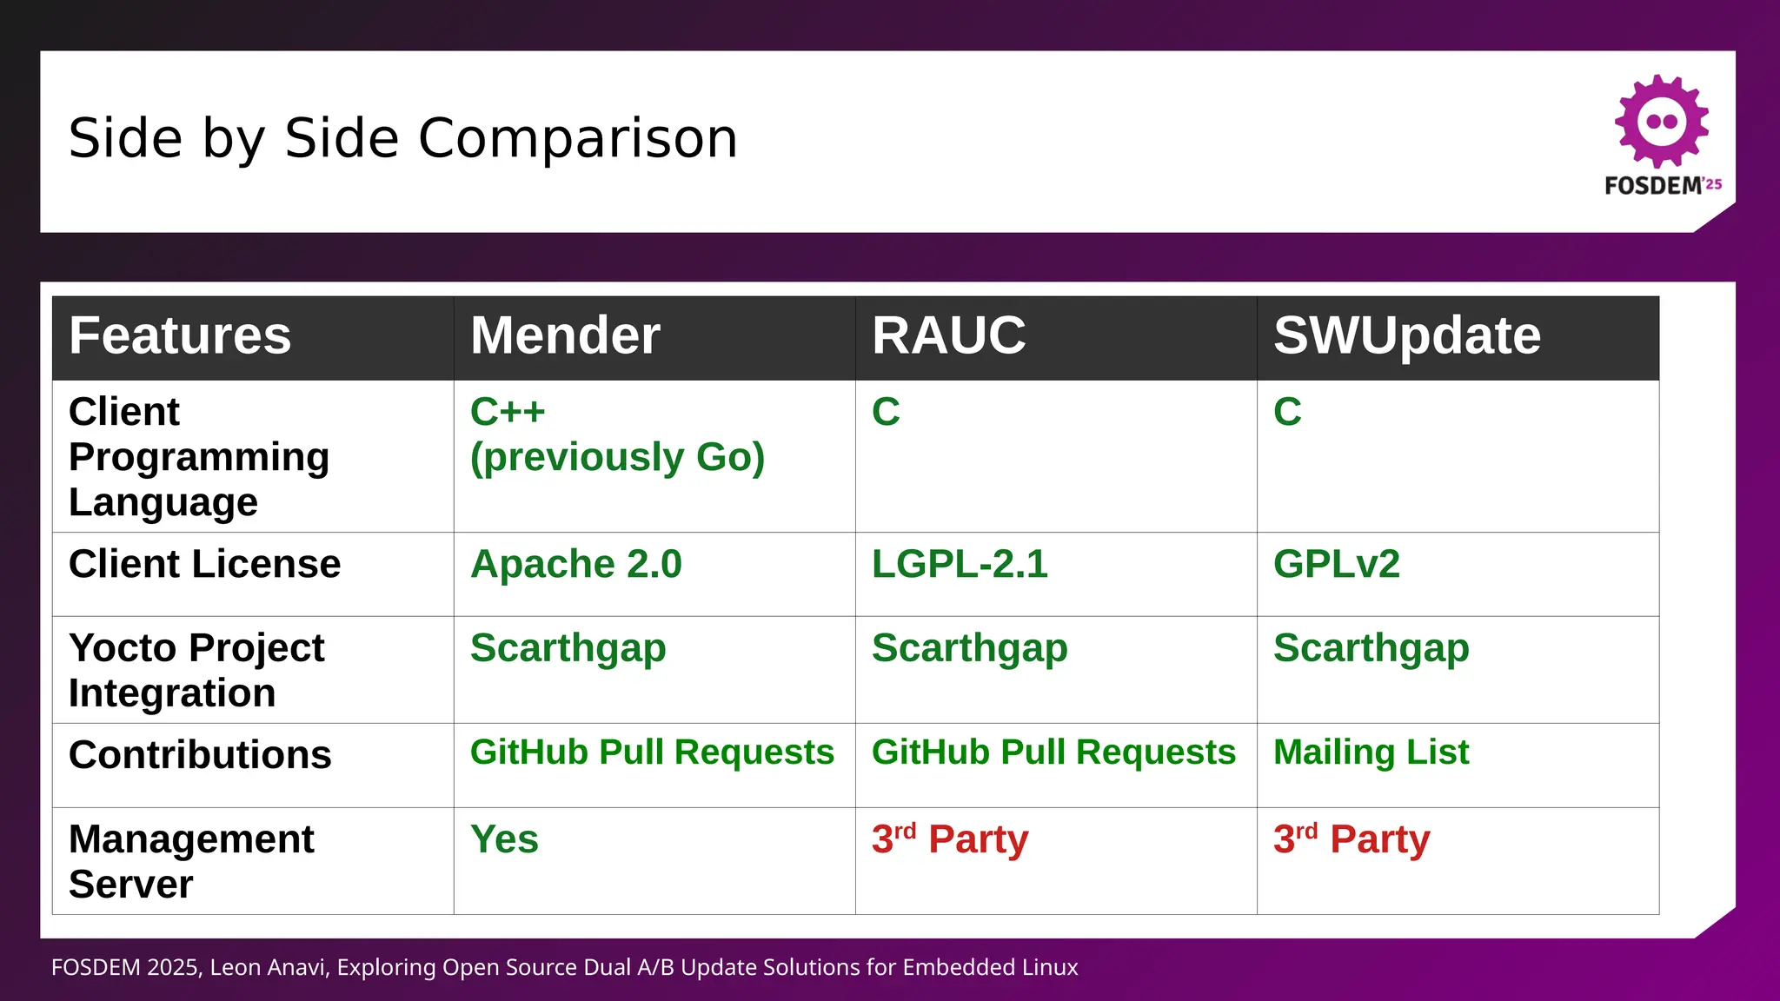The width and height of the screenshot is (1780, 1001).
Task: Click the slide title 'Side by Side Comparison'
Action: click(x=402, y=139)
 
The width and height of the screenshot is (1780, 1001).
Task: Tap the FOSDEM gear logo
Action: click(x=1661, y=122)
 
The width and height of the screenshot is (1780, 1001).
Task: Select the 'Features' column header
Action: click(x=180, y=336)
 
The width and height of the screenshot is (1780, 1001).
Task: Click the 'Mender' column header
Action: click(x=565, y=336)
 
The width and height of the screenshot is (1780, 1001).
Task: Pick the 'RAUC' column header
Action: click(x=948, y=336)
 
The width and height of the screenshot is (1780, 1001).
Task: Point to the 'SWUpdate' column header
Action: click(x=1406, y=336)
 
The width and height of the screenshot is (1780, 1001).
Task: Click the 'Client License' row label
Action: click(x=204, y=565)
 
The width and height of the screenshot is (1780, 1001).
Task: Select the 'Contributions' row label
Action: click(x=200, y=755)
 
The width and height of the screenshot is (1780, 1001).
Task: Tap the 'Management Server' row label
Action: click(x=191, y=861)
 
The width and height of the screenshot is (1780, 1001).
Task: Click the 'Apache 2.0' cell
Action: click(x=575, y=565)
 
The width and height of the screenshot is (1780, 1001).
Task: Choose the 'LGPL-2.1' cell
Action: click(x=960, y=565)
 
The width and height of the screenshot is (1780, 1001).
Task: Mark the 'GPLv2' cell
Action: click(x=1336, y=565)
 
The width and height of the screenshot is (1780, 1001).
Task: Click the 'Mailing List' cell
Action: click(x=1371, y=752)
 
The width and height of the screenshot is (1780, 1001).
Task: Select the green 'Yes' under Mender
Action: click(x=504, y=840)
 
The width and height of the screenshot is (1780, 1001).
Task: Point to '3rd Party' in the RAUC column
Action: click(x=950, y=840)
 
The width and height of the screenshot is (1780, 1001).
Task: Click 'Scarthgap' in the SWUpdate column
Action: click(x=1371, y=649)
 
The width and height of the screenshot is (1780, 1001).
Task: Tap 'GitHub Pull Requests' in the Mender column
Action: click(x=652, y=752)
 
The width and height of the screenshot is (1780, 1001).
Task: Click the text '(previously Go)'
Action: click(x=617, y=458)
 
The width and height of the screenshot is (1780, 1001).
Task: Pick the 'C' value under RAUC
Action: click(x=886, y=413)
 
